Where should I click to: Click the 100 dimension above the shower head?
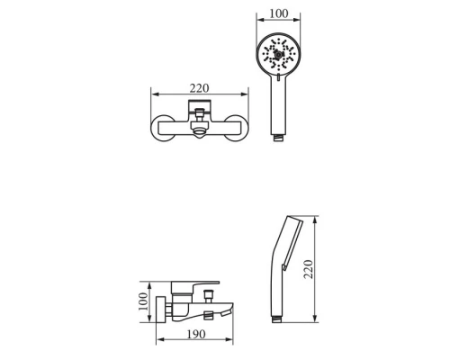coord(279,13)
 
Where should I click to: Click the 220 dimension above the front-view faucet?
coord(199,88)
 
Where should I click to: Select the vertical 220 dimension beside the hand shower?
coord(309,269)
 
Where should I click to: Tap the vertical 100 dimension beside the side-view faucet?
coord(144,301)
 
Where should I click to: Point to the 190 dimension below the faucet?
coord(196,334)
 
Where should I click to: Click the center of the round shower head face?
coord(278,55)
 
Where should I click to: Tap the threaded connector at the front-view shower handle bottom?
coord(279,138)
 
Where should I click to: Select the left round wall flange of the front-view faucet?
coord(163,128)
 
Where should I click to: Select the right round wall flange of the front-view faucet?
coord(237,128)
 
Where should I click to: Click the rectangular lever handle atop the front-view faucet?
coord(200,106)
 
